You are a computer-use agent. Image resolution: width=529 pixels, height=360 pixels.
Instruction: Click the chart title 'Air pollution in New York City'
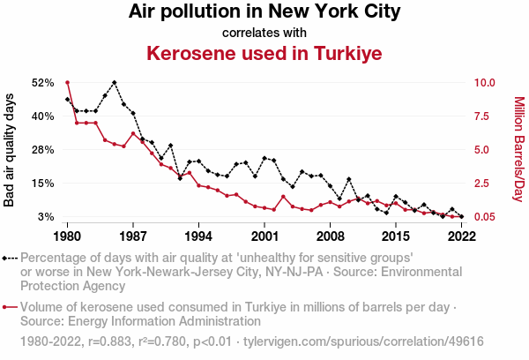click(264, 12)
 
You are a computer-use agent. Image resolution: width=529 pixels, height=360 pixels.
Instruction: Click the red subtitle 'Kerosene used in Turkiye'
click(264, 54)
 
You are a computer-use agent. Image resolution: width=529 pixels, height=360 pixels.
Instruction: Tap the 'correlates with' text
click(264, 33)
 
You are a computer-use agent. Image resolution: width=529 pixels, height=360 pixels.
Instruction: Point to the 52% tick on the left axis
click(43, 82)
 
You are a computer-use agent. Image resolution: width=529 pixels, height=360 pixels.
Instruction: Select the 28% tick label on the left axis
click(43, 150)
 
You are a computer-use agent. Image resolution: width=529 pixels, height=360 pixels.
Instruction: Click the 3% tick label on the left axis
click(47, 217)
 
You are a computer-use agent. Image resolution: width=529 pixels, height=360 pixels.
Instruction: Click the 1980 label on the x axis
click(68, 236)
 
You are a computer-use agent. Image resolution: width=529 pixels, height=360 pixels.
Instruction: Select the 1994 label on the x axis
click(199, 236)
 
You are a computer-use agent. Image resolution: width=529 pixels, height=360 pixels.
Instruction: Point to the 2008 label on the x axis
click(331, 236)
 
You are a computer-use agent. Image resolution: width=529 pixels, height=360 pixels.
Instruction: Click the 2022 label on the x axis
click(462, 236)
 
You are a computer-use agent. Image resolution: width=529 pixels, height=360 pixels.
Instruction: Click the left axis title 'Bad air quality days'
click(10, 150)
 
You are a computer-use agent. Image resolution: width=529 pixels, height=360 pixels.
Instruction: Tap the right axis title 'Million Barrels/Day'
click(518, 150)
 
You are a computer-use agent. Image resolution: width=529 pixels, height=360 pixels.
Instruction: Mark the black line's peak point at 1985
click(115, 82)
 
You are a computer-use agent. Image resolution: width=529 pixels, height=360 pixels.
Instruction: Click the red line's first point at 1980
click(68, 82)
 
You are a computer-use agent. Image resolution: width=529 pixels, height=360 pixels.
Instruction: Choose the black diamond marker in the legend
click(7, 259)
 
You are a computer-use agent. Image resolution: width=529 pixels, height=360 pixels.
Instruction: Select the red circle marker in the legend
click(7, 308)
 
